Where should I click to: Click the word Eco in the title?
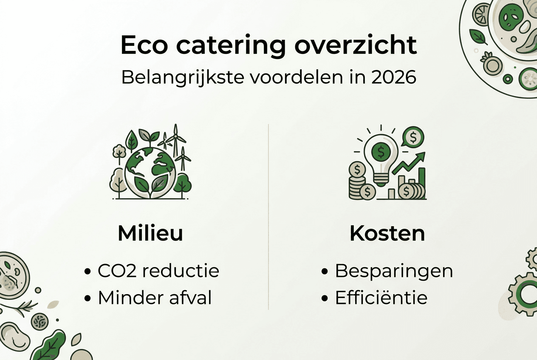point(145,45)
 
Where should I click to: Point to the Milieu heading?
point(150,233)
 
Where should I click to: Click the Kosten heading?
point(387,233)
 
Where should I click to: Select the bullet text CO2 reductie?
point(158,271)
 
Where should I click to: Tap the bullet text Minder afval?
point(155,298)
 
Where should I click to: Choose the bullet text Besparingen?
point(394,271)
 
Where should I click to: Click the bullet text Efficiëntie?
point(381,298)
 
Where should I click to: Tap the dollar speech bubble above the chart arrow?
point(413,137)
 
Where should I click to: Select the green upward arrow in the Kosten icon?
point(410,163)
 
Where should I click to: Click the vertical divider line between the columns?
point(268,217)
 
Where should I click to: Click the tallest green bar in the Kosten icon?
point(421,183)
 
